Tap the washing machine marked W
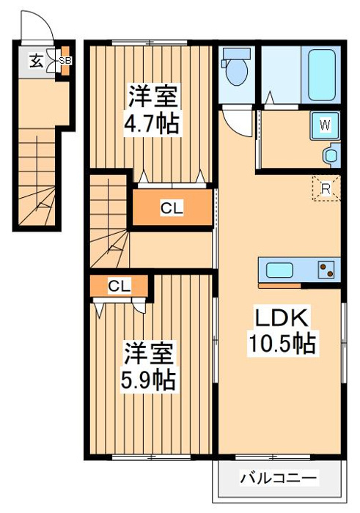click(x=325, y=125)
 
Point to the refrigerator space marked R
click(x=326, y=188)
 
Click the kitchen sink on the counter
click(x=281, y=270)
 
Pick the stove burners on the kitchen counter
click(x=326, y=270)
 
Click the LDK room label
click(x=284, y=318)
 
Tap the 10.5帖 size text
click(x=284, y=343)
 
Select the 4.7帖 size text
click(x=153, y=122)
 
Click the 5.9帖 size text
click(x=149, y=379)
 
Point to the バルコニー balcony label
click(x=279, y=478)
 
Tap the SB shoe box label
click(x=65, y=60)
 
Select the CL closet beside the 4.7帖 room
click(x=172, y=208)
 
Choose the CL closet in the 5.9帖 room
click(x=119, y=286)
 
